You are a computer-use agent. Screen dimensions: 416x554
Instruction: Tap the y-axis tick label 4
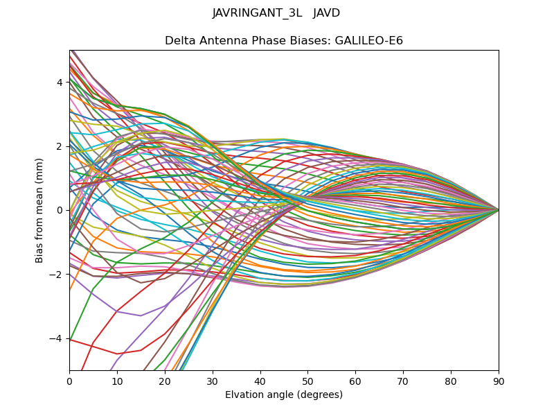point(60,83)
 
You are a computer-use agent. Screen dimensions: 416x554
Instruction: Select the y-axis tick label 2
point(60,146)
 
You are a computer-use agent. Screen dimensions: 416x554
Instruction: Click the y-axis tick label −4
point(57,338)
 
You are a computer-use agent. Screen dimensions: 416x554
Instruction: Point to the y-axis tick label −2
point(57,275)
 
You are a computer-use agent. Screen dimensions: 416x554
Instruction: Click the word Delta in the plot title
point(179,41)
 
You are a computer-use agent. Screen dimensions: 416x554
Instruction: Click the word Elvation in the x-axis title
point(245,395)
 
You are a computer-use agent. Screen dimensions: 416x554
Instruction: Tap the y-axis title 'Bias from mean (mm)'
point(40,210)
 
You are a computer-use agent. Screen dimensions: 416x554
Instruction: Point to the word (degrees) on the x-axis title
point(319,395)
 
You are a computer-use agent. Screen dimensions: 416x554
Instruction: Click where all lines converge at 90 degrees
point(498,209)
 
